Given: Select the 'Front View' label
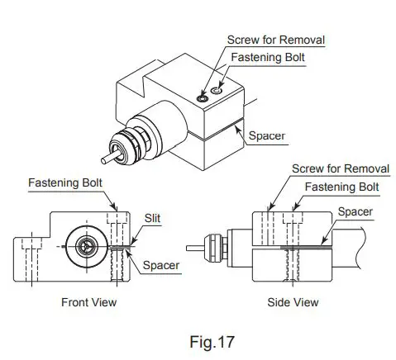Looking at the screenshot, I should click(88, 302).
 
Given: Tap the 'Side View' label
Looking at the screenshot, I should click(292, 302).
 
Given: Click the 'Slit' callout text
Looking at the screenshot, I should click(153, 217).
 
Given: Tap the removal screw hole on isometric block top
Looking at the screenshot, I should click(203, 97).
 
